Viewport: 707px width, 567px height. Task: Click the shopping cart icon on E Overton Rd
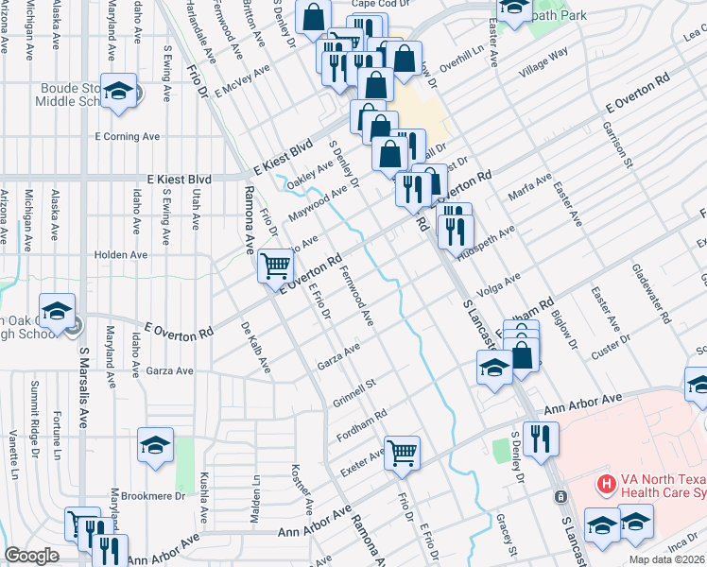point(275,266)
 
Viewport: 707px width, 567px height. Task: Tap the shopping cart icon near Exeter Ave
point(403,453)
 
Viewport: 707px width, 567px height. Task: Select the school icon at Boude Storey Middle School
point(119,92)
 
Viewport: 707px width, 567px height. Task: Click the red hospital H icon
point(606,485)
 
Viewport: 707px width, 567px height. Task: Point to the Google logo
point(31,556)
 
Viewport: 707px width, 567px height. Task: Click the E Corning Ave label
point(127,136)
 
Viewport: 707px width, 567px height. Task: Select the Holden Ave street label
point(122,255)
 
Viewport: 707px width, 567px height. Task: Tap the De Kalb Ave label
point(255,347)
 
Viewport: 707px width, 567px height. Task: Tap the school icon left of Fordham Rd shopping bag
point(493,369)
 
